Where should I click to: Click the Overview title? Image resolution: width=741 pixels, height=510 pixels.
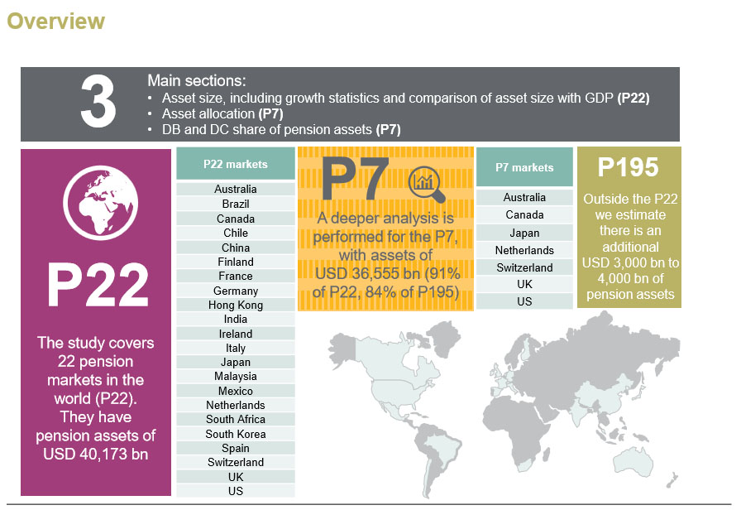point(56,22)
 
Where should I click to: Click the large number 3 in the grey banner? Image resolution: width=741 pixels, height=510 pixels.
point(98,104)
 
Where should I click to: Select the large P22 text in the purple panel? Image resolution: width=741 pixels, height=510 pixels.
point(98,285)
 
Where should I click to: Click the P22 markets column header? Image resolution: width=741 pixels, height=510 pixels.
point(236,164)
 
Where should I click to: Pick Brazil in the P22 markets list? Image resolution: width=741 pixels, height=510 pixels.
point(236,204)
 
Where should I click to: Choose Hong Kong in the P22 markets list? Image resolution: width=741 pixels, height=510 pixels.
point(236,305)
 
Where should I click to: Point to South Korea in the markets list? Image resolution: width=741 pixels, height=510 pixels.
point(236,434)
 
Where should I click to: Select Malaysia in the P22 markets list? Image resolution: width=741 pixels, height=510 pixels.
point(236,377)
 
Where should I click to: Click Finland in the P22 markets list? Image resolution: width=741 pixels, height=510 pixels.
point(236,262)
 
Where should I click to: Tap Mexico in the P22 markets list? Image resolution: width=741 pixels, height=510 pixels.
point(236,391)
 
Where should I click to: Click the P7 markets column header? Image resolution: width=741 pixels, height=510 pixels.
point(524,167)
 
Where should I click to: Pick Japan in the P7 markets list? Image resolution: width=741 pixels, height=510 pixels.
point(524,233)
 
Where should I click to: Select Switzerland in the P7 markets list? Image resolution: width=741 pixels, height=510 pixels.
point(524,267)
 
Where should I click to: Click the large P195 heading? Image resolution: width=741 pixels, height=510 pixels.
point(629,168)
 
